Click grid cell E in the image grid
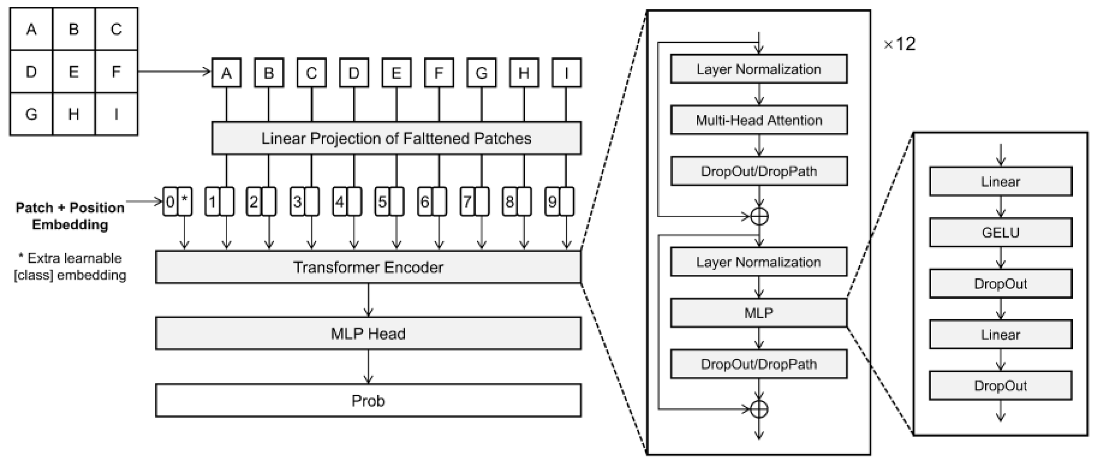74,72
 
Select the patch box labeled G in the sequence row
481,73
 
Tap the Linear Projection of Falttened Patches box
396,138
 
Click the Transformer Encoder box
368,267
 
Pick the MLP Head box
368,334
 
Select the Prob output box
368,401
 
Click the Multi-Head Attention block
759,120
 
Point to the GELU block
1000,233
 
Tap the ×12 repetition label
899,44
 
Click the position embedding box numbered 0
170,202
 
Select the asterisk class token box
184,202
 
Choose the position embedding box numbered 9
552,202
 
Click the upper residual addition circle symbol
759,216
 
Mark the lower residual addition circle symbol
759,409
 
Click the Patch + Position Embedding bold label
70,216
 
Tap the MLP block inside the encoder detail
759,313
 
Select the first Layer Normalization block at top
759,69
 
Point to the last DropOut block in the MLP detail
1000,386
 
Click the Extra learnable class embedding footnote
70,267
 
